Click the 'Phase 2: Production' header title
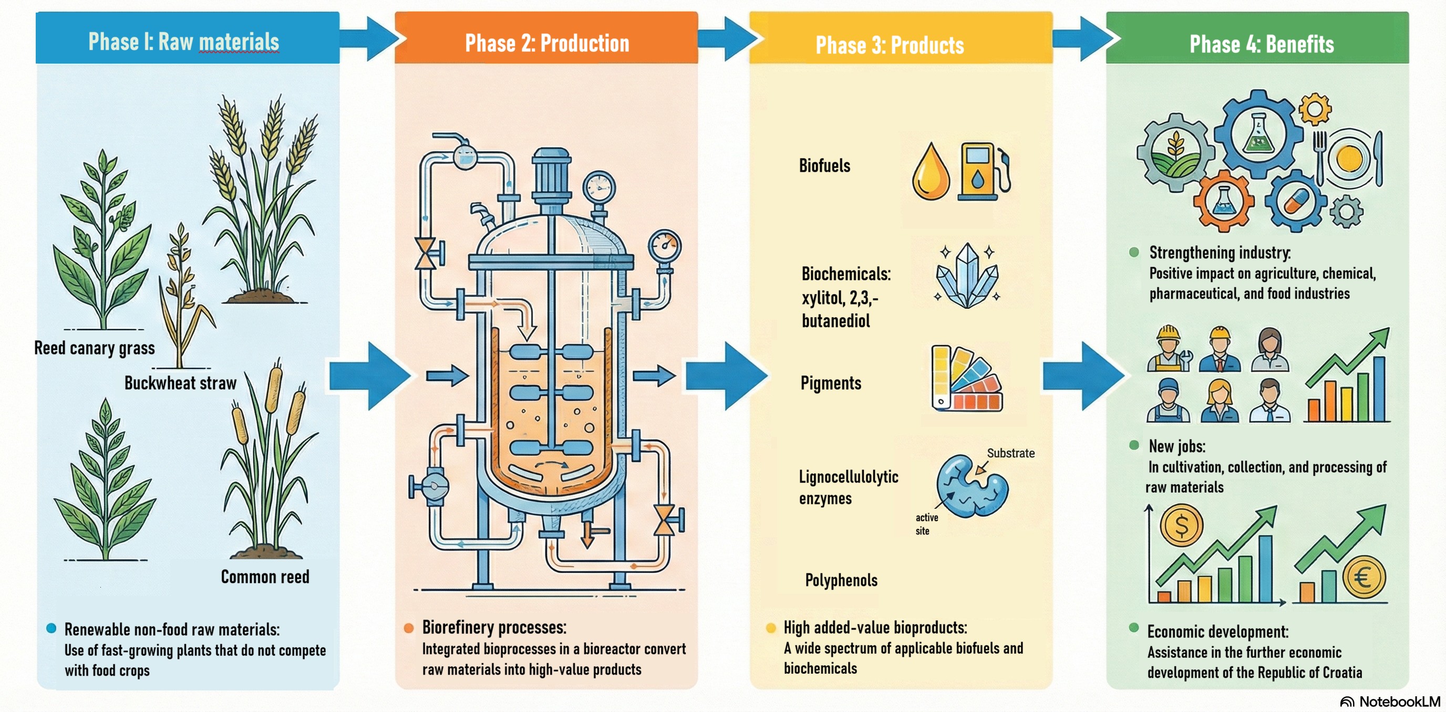pos(547,43)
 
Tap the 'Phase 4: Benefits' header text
pos(1262,44)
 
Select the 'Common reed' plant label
pos(265,577)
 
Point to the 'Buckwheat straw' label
pos(180,383)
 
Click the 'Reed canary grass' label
pos(94,348)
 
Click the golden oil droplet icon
pos(931,173)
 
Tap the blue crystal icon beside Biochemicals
pos(967,276)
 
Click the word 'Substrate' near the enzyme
pos(1010,453)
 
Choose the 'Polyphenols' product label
pos(841,580)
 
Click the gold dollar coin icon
pos(1181,526)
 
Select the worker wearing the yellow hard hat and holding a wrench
pos(1169,349)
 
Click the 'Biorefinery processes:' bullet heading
pos(494,627)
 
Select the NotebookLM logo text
pos(1399,702)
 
